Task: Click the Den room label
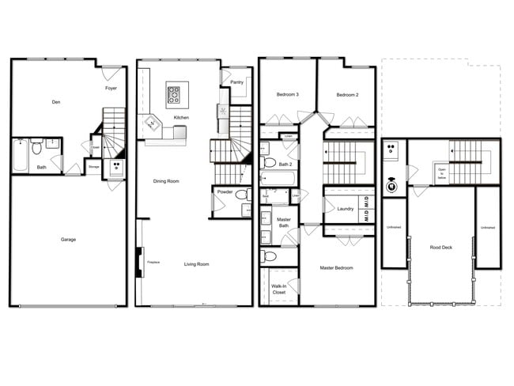point(55,102)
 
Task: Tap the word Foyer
point(111,89)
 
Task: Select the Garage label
point(69,239)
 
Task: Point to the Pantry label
point(236,82)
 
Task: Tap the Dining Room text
point(166,181)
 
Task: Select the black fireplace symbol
point(140,262)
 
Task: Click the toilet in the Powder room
point(241,195)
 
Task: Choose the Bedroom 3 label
point(288,95)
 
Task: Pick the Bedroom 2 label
point(348,95)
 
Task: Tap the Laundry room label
point(345,209)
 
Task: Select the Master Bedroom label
point(337,268)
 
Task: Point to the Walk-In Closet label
point(278,289)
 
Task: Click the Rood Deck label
point(440,247)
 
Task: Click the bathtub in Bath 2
point(275,178)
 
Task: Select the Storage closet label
point(93,167)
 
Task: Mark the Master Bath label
point(283,224)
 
